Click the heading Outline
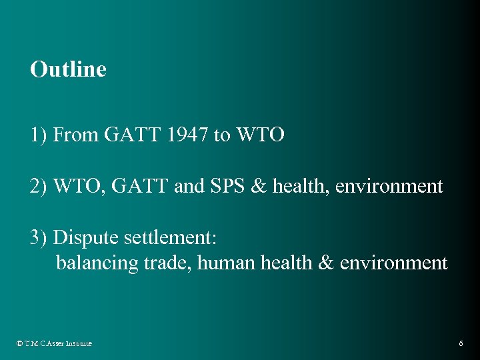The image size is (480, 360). tap(68, 69)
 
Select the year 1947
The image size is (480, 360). tap(188, 135)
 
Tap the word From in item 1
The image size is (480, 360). tap(76, 135)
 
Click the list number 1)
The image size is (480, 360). tap(39, 135)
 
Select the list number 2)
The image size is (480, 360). tap(39, 186)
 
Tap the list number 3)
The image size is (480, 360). tap(39, 237)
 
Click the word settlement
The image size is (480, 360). tap(166, 237)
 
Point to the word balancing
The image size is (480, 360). tap(97, 263)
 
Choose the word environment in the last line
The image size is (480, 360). tap(393, 263)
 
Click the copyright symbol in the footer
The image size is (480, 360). tap(19, 343)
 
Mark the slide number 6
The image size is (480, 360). tap(461, 343)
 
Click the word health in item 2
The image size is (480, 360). tap(303, 186)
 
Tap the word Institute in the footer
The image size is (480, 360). tap(78, 343)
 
